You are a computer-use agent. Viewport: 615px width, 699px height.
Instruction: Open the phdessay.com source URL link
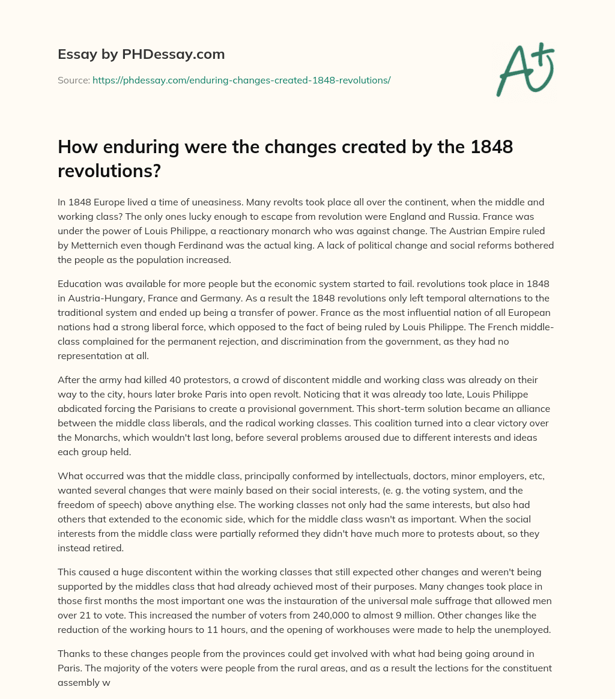coord(241,80)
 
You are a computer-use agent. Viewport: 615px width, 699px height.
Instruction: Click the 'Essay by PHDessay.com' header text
coord(141,55)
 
